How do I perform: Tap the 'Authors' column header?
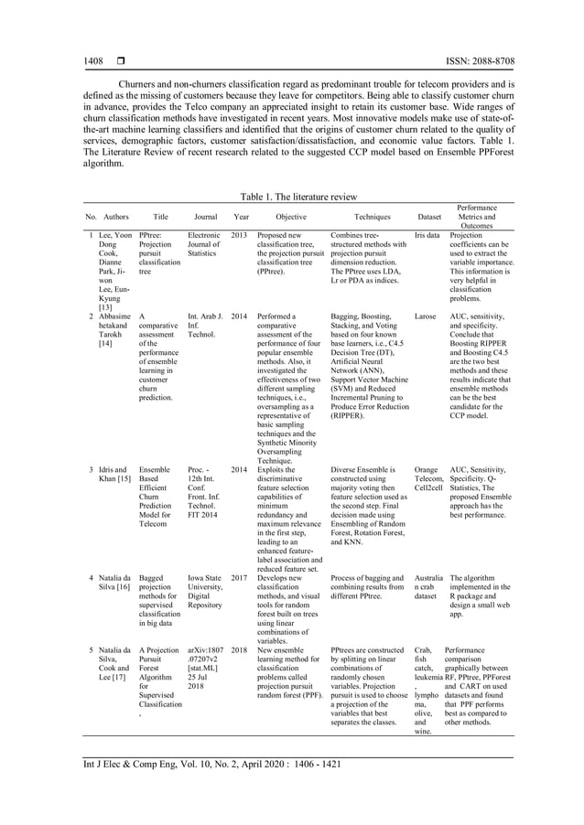click(x=116, y=218)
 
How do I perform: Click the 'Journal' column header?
click(x=206, y=218)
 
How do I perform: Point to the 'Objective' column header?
click(x=291, y=218)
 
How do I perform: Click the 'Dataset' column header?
click(x=428, y=218)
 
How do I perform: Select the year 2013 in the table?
click(x=240, y=235)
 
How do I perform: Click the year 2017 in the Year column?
click(x=240, y=578)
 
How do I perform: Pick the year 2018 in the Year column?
click(x=240, y=650)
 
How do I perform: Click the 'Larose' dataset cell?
click(x=426, y=316)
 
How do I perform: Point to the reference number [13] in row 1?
click(x=106, y=307)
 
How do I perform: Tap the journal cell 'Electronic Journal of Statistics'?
click(x=204, y=244)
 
